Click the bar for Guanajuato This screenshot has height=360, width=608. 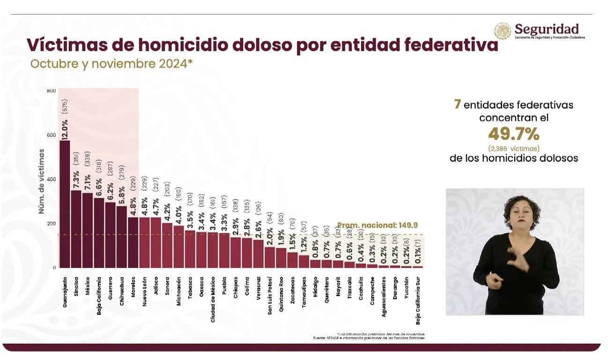point(65,204)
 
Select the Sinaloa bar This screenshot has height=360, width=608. point(76,229)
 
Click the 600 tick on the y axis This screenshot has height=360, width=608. point(51,135)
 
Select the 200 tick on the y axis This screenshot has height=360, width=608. point(51,224)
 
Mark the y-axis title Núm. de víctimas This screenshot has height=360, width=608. point(42,180)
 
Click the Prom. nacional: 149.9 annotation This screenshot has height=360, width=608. point(380,225)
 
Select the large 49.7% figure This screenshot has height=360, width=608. point(513,135)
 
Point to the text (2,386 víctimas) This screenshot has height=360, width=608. point(513,148)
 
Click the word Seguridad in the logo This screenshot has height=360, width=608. point(546,29)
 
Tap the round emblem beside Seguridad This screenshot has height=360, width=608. point(503,31)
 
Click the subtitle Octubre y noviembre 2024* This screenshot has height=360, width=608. point(111,64)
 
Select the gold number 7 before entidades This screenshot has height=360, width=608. point(457,104)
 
